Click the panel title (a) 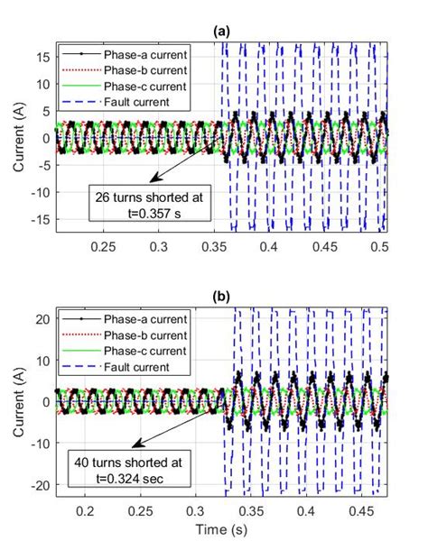(x=221, y=31)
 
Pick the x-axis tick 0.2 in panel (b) (x=86, y=510)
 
